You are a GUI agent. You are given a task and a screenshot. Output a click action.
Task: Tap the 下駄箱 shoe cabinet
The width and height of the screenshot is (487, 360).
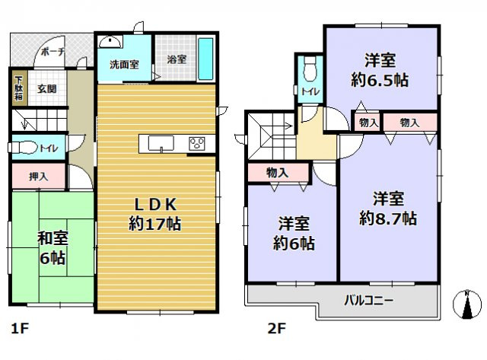(18, 88)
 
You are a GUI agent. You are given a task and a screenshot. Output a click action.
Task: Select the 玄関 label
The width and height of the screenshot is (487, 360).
(46, 88)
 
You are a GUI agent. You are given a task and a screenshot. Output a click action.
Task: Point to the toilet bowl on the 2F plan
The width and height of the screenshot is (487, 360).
(308, 71)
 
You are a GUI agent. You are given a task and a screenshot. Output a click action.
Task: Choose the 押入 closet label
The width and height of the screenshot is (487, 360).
(39, 176)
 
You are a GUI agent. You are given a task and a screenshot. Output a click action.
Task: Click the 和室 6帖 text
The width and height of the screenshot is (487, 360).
(52, 247)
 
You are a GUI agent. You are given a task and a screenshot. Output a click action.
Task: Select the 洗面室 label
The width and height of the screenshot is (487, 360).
(123, 64)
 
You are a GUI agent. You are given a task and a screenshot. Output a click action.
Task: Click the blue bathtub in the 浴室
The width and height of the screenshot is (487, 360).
(204, 59)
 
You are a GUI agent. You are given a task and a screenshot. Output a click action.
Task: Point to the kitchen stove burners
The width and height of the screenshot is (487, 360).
(197, 142)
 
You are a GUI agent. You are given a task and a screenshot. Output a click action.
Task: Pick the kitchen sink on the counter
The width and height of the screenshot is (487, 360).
(161, 142)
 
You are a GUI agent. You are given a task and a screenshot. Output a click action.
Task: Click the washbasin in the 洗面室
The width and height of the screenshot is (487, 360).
(111, 42)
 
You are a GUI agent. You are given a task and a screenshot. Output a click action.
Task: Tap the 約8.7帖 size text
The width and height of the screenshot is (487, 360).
(387, 218)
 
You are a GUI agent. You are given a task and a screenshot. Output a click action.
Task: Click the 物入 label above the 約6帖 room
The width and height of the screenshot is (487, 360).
(277, 174)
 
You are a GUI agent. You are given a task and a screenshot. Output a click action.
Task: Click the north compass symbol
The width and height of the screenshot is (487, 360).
(466, 305)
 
